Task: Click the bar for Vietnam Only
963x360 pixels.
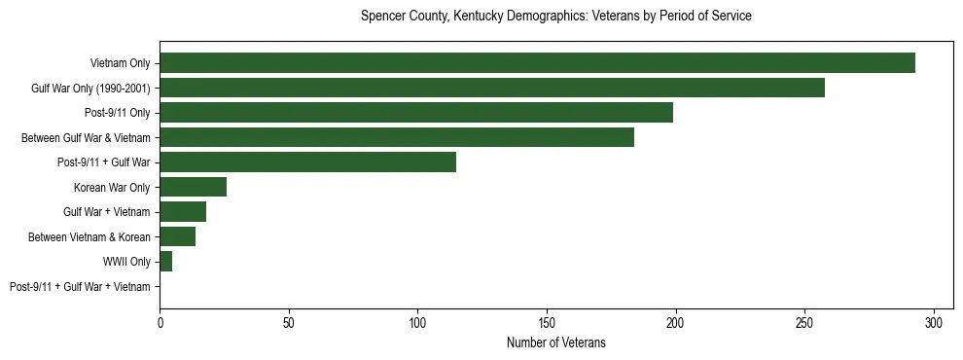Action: click(x=537, y=63)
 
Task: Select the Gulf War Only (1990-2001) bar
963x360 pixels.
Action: click(x=492, y=89)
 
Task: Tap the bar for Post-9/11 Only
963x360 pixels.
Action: click(x=416, y=113)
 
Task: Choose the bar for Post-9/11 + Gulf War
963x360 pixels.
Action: click(x=307, y=162)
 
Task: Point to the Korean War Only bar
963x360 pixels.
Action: click(x=193, y=187)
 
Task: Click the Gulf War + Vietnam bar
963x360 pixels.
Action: click(x=183, y=211)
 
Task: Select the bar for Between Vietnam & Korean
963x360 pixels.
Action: click(x=177, y=236)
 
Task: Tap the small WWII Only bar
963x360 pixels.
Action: click(x=165, y=261)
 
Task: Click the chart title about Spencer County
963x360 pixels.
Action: click(x=555, y=17)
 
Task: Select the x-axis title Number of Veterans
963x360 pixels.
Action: click(x=555, y=342)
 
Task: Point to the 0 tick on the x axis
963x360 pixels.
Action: click(x=160, y=322)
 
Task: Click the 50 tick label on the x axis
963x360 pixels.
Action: click(x=289, y=322)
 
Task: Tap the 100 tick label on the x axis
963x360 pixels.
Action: click(x=417, y=322)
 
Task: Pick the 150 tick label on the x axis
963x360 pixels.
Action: click(x=547, y=322)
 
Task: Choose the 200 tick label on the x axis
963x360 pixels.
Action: click(x=676, y=322)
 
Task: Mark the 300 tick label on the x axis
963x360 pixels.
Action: click(x=934, y=322)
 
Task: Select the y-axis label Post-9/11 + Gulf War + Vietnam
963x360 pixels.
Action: click(x=80, y=286)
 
